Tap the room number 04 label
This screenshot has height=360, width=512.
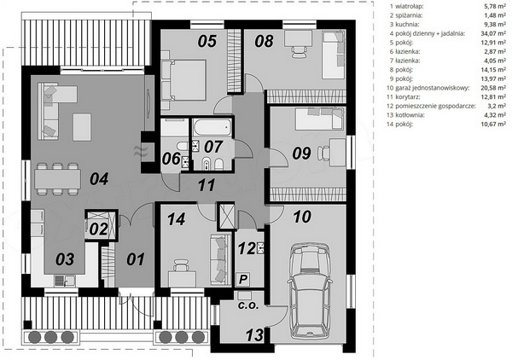99,179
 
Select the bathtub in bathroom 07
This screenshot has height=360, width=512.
212,127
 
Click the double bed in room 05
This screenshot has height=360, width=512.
184,80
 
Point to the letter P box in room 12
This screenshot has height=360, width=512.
243,280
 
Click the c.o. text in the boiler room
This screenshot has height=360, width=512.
248,306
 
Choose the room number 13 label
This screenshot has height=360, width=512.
254,335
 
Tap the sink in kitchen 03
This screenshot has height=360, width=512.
65,281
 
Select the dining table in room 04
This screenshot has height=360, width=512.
57,179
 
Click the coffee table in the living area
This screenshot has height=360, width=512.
82,127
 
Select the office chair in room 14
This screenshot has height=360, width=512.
181,265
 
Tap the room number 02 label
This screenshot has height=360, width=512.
98,229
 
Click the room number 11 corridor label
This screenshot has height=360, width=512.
207,185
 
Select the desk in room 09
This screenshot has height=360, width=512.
338,152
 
